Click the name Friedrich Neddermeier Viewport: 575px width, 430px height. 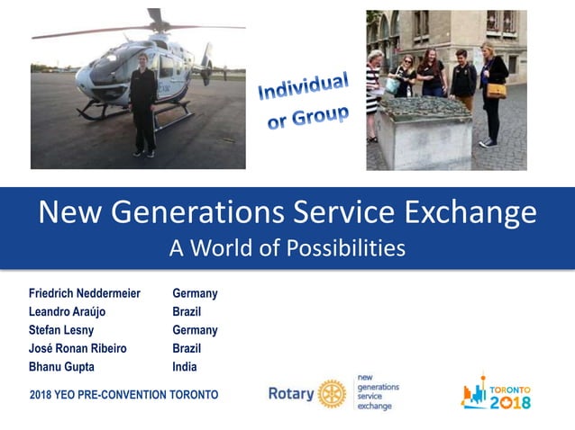coord(85,293)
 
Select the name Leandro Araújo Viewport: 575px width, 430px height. coord(68,311)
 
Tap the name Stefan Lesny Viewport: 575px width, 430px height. coord(61,330)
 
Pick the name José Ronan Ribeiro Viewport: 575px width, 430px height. coord(78,348)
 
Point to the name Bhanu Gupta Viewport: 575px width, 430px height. coord(61,367)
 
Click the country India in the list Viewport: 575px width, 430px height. coord(185,367)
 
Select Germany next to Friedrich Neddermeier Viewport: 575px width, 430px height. coord(195,293)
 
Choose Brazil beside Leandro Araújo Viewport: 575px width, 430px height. coord(187,311)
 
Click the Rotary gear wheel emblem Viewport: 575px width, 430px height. coord(332,393)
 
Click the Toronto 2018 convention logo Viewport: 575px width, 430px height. coord(496,392)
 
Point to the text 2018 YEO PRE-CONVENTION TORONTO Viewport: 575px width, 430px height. coord(123,395)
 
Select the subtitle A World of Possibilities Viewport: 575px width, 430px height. coord(287,247)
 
